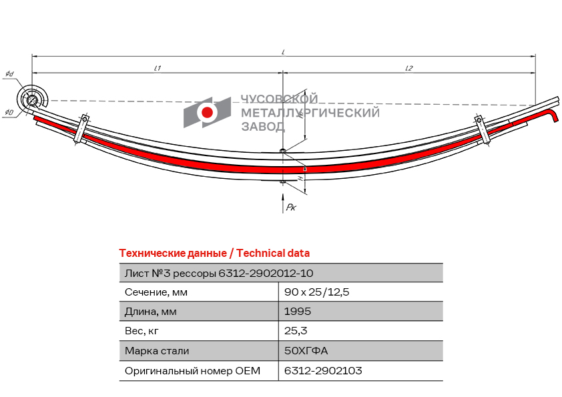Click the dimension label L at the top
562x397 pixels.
point(284,51)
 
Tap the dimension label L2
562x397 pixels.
point(409,68)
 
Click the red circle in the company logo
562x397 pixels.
point(208,112)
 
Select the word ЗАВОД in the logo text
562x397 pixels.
point(262,125)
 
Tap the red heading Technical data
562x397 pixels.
point(272,253)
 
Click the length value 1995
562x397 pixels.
point(298,311)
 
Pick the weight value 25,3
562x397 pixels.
point(296,330)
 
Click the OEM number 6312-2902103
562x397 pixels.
point(323,370)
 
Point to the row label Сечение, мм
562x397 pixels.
point(156,292)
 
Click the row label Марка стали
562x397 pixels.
point(157,350)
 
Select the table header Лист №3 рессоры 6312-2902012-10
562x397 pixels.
point(219,272)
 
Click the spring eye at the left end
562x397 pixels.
point(31,100)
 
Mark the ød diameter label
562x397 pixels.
point(9,73)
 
